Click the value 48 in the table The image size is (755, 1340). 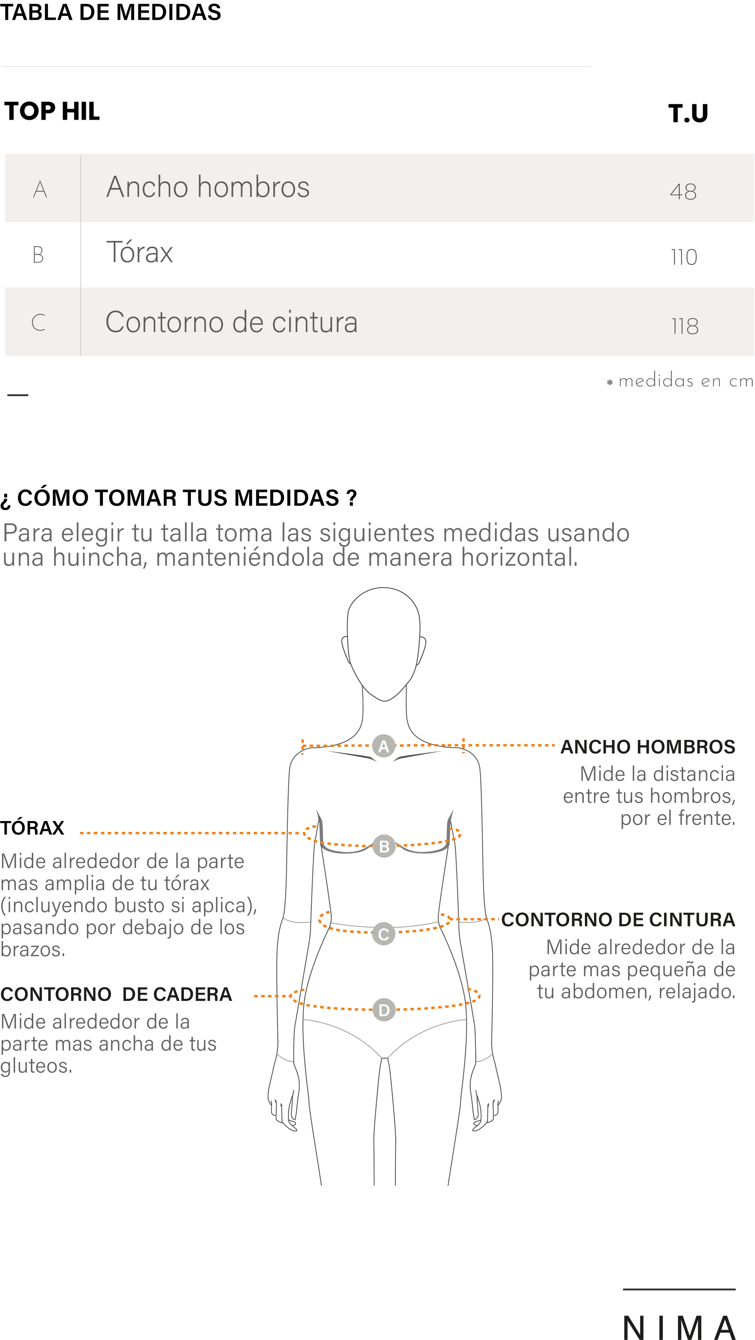683,192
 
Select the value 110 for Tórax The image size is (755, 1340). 683,257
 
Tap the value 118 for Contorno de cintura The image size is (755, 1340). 685,326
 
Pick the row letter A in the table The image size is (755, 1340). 40,189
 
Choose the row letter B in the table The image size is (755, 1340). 38,255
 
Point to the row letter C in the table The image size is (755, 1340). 39,323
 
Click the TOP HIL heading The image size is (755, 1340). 52,111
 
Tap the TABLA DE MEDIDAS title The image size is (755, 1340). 110,12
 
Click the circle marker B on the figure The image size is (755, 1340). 384,846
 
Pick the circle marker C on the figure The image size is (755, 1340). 384,934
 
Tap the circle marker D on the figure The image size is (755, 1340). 384,1010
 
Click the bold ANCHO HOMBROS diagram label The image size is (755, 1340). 648,747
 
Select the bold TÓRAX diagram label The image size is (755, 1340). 32,828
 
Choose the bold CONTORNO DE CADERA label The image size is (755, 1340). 116,994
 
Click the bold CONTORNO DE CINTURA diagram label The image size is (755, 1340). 618,920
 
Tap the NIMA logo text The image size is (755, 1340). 679,1326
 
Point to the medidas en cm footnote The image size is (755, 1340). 681,381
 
